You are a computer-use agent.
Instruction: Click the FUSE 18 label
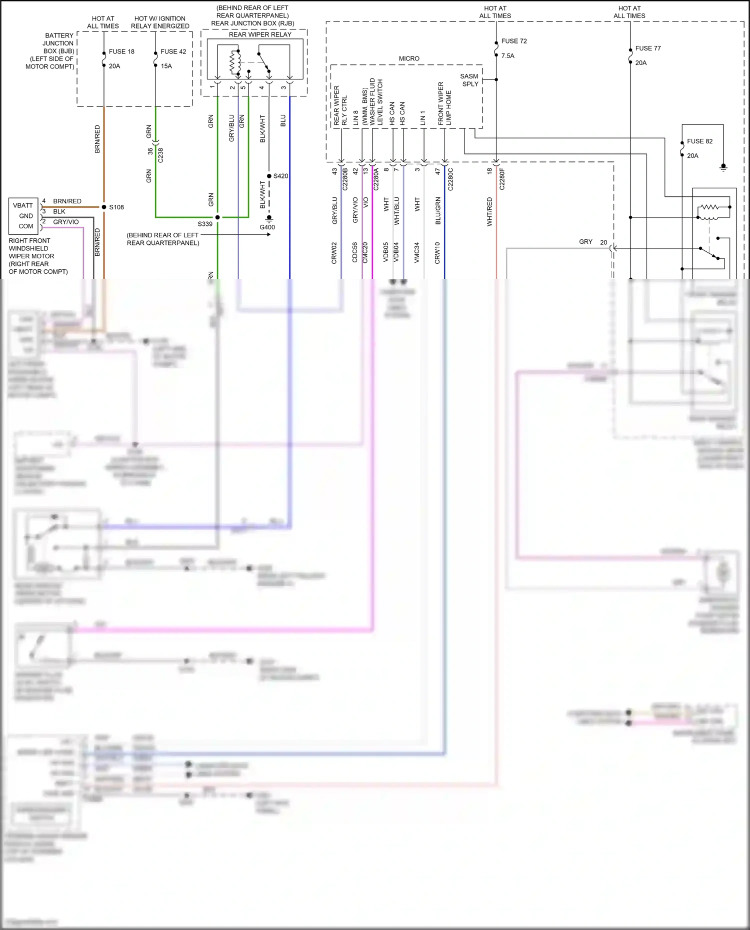(x=121, y=51)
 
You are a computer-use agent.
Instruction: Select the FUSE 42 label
(x=173, y=51)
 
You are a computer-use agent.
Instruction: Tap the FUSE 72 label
(x=514, y=41)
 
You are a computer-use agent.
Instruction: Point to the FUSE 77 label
(x=648, y=48)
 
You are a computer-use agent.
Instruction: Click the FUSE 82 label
(x=699, y=141)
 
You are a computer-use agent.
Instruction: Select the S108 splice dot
(x=104, y=207)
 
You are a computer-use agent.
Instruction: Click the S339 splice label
(x=205, y=224)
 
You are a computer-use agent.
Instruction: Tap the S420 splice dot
(x=269, y=176)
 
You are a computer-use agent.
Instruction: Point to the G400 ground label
(x=267, y=227)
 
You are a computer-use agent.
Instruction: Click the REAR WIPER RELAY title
(x=260, y=34)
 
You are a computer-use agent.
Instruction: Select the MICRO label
(x=409, y=58)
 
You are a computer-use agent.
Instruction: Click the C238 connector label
(x=160, y=155)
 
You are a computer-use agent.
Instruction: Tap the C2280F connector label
(x=502, y=179)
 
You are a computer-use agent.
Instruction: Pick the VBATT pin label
(x=23, y=205)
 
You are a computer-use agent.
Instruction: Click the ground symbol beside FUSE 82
(x=723, y=167)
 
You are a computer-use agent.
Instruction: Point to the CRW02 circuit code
(x=334, y=253)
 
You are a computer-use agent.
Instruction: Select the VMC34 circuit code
(x=417, y=253)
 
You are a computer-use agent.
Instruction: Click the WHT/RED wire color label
(x=489, y=212)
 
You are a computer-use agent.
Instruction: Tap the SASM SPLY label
(x=469, y=80)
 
